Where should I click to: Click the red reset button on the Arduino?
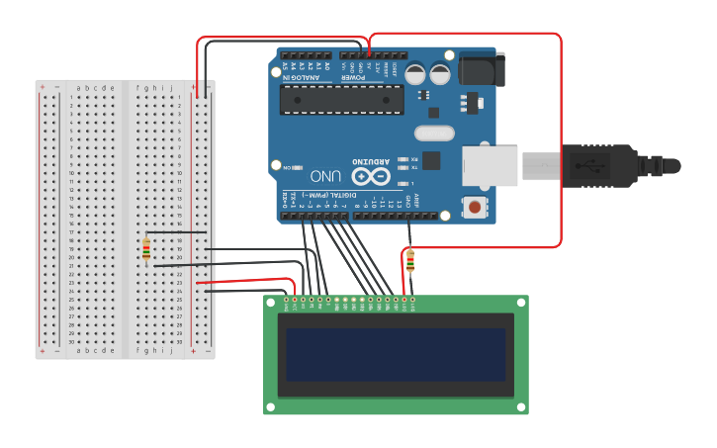tap(476, 207)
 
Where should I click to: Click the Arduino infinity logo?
tap(370, 177)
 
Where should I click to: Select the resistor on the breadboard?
tap(147, 251)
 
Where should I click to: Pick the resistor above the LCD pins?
tap(409, 261)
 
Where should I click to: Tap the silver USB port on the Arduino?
tap(491, 165)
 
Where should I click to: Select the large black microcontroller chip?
tap(341, 100)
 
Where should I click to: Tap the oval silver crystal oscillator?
tap(433, 133)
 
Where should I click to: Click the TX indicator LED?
tap(403, 167)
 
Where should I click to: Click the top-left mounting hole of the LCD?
tap(270, 303)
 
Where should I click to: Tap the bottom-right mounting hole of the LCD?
tap(521, 406)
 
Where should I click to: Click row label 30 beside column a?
tap(71, 341)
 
